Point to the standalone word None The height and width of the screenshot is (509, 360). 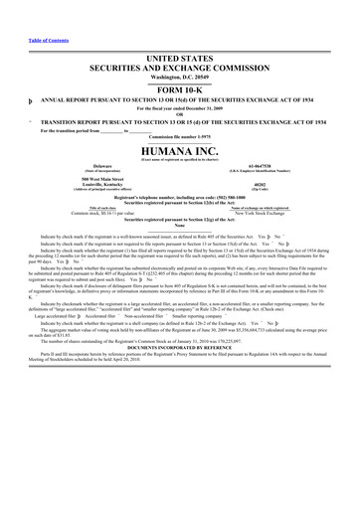(179, 225)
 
